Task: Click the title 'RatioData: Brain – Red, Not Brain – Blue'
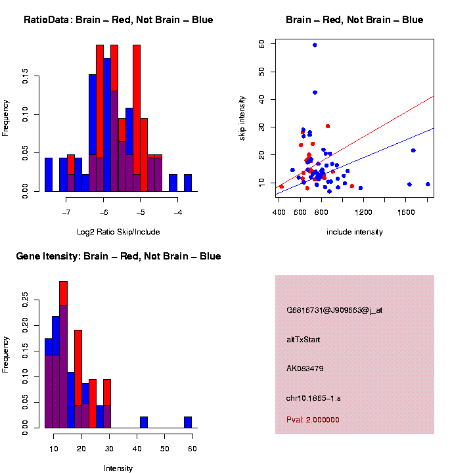click(x=118, y=20)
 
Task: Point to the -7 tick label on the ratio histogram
click(x=66, y=212)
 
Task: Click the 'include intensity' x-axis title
click(x=354, y=232)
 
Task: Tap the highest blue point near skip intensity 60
click(x=315, y=45)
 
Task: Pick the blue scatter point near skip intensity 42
click(x=315, y=92)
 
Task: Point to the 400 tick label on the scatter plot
click(x=279, y=212)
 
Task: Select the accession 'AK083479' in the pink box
click(x=305, y=369)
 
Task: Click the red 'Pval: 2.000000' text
click(x=313, y=420)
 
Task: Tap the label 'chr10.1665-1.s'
click(x=313, y=398)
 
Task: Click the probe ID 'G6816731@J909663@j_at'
click(x=334, y=310)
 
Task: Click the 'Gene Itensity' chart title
click(x=118, y=256)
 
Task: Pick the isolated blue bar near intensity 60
click(x=188, y=422)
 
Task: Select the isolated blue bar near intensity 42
click(x=144, y=422)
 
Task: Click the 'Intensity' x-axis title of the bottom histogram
click(x=118, y=468)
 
